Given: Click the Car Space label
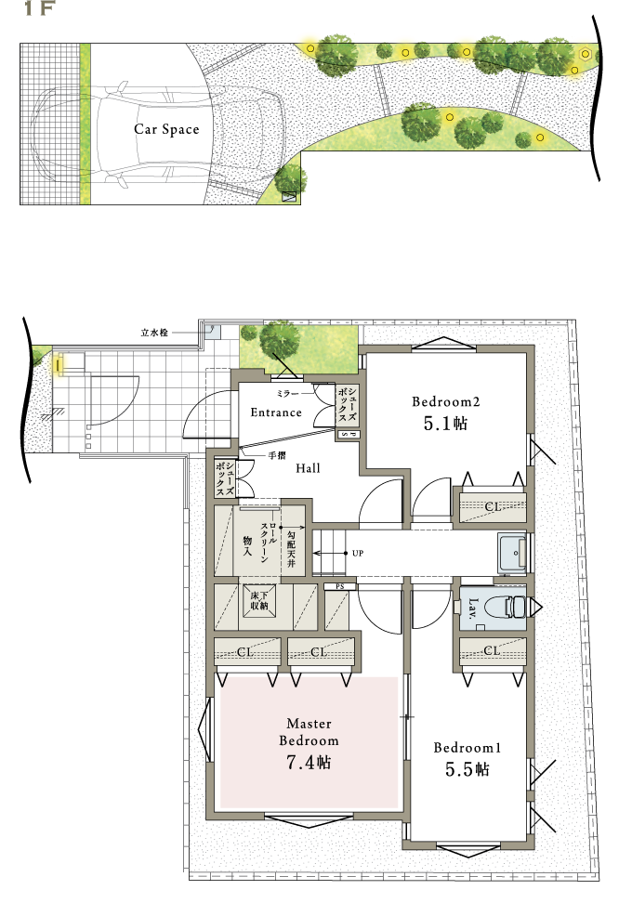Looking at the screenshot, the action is (x=166, y=129).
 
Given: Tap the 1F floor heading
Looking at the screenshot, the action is (x=39, y=8).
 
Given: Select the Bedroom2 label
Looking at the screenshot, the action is (x=445, y=402).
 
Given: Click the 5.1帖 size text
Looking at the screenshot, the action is (x=445, y=424).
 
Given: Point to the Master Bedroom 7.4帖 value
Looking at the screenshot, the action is (x=309, y=763).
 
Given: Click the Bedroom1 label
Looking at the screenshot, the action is (x=467, y=748).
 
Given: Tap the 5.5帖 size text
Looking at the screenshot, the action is (x=467, y=769).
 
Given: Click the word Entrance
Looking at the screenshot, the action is (x=276, y=412).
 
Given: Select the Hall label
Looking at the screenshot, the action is (x=308, y=468).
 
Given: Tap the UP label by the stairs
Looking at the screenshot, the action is (x=358, y=553).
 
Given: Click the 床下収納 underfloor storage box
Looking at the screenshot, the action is (x=259, y=601).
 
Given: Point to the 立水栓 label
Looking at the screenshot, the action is (x=154, y=333).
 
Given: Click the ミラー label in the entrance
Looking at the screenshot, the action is (x=287, y=393).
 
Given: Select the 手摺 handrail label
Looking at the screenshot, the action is (x=277, y=455).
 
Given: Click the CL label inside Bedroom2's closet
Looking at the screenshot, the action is (x=493, y=507).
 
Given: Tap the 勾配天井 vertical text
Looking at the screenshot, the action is (x=291, y=548).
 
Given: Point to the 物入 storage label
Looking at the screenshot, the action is (x=247, y=545).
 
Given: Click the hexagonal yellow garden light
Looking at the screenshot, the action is (x=586, y=54).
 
